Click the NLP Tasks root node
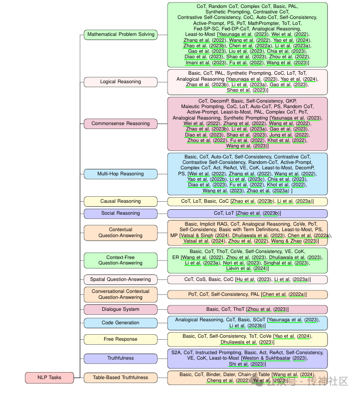49,378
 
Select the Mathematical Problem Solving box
121,35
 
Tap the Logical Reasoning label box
121,82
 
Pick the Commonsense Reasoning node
121,124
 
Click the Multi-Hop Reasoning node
121,174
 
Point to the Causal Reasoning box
121,201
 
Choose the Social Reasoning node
121,213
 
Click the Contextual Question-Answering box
121,233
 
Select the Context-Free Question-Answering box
121,260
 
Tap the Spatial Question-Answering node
121,279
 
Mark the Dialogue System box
121,309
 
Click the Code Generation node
121,323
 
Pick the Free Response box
121,339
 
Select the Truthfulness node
121,358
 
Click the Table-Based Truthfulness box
121,378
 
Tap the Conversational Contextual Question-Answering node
121,294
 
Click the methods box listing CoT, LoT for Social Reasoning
247,213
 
